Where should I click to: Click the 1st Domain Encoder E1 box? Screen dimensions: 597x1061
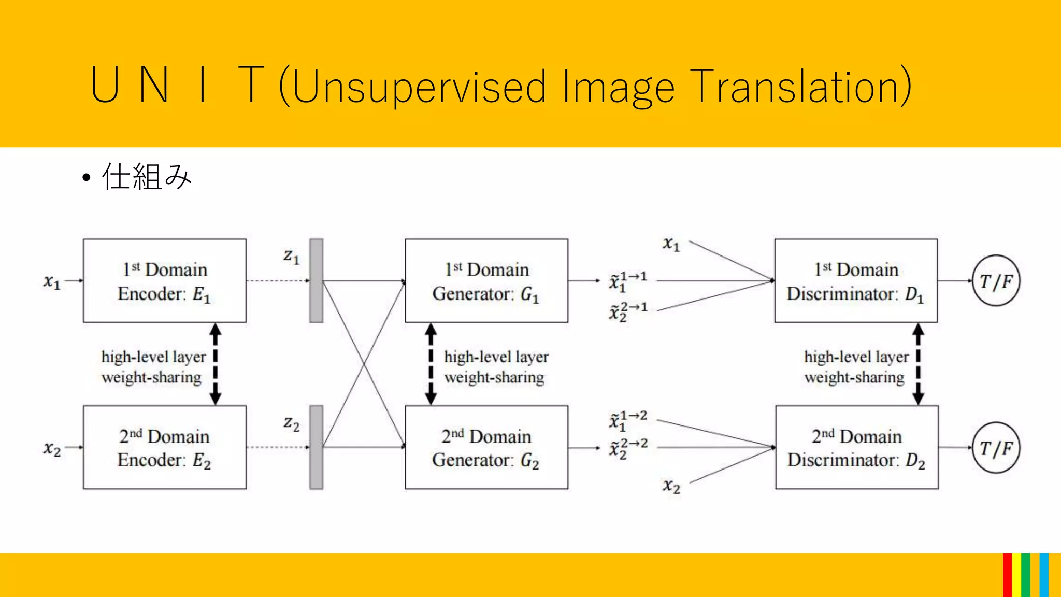click(164, 281)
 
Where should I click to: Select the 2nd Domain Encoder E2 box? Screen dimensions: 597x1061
click(164, 447)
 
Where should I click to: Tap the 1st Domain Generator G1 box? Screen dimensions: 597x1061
click(486, 281)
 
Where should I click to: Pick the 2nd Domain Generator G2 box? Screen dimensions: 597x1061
click(486, 447)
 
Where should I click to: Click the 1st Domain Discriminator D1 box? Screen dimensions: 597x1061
click(856, 281)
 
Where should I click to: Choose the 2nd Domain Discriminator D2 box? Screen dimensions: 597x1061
click(856, 447)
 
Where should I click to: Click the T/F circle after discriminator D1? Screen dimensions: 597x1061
click(996, 281)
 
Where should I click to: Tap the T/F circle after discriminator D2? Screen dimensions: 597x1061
click(996, 448)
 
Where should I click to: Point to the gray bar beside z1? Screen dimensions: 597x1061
click(316, 281)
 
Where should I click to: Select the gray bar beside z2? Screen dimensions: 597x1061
click(316, 447)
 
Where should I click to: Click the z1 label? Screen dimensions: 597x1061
click(291, 256)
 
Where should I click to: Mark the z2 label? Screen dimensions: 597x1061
click(291, 423)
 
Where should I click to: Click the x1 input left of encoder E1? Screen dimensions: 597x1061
click(52, 282)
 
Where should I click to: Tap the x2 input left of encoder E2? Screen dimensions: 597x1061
click(52, 448)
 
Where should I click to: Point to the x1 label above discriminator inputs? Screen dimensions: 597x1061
click(671, 244)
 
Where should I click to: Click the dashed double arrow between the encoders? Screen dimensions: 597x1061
click(216, 364)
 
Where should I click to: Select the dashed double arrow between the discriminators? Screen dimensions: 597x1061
click(918, 364)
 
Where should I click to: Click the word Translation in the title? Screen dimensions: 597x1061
click(800, 86)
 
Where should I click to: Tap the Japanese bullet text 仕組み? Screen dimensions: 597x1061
click(147, 177)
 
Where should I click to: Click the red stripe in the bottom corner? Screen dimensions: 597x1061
click(1007, 575)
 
